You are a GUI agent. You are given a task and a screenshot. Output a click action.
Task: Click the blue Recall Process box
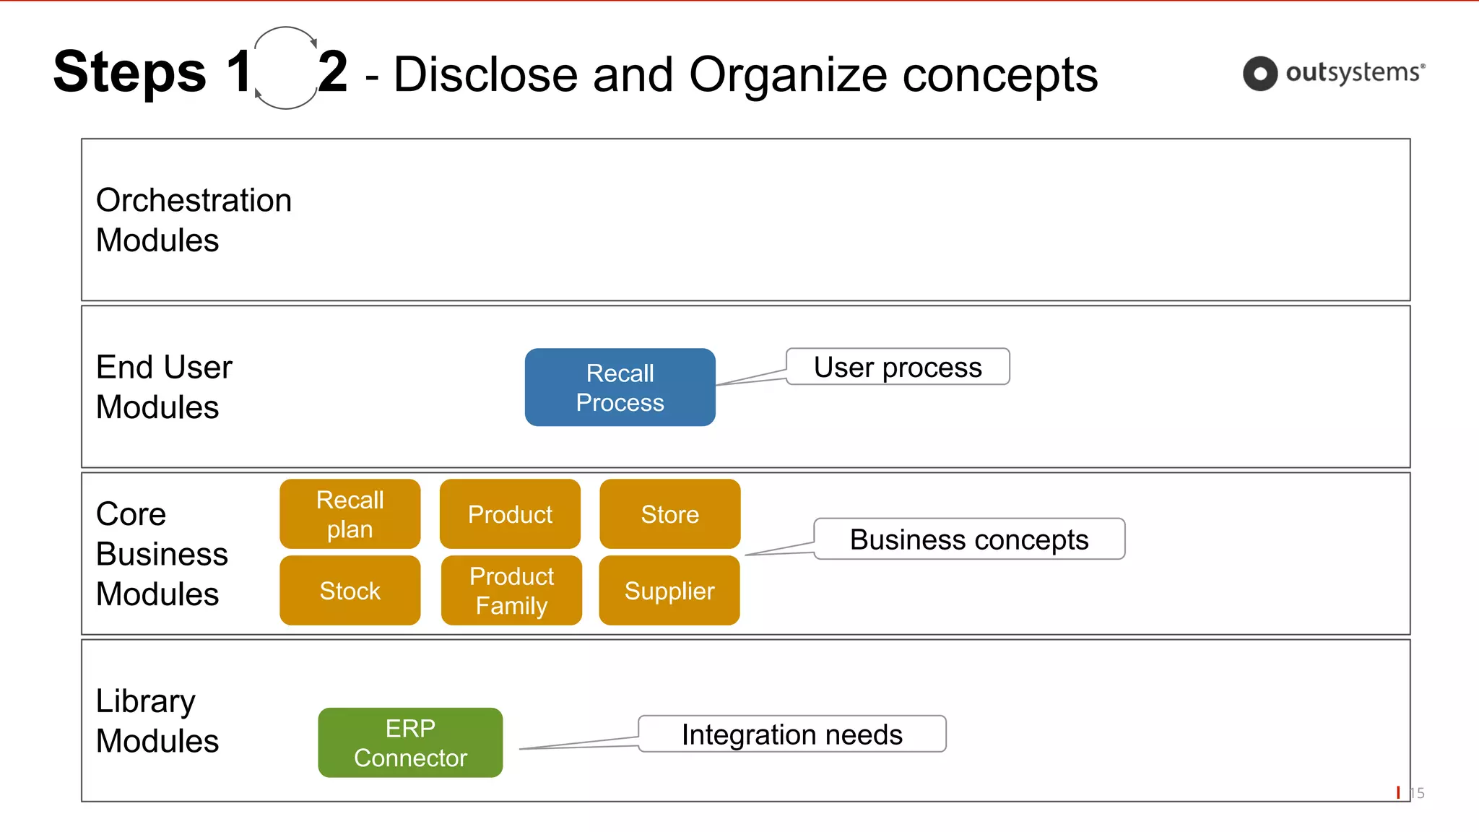620,387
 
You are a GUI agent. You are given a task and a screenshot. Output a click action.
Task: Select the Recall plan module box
350,513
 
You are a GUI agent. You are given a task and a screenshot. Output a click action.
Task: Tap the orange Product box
510,513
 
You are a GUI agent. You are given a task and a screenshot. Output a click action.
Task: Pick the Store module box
669,513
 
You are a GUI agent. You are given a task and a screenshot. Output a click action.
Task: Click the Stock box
350,590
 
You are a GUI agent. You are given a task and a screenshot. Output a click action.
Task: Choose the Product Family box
511,590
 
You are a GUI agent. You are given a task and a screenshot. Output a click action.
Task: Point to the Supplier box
669,590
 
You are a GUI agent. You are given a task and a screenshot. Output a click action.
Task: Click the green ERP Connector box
410,742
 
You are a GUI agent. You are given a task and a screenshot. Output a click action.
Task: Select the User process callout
897,367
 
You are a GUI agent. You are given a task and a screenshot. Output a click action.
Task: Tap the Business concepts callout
968,539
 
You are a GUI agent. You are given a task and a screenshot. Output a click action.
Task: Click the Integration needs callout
791,734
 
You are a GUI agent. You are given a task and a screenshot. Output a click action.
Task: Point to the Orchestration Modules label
194,220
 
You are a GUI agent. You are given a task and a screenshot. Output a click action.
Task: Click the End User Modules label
164,386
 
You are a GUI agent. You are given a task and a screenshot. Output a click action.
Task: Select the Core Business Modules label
162,553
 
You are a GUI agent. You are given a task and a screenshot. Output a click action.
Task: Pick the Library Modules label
157,720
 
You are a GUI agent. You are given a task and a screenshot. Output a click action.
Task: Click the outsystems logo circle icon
1259,74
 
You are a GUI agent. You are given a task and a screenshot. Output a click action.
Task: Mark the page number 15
1417,793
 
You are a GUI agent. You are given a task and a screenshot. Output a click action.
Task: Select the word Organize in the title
788,74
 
